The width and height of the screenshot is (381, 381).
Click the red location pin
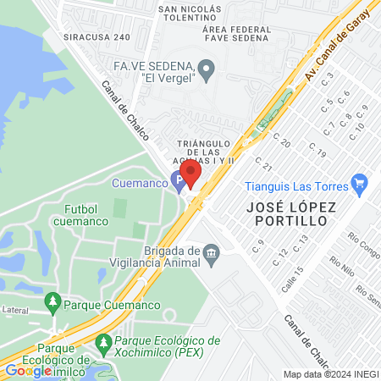tap(190, 173)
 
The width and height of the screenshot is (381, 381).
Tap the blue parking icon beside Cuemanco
tap(177, 180)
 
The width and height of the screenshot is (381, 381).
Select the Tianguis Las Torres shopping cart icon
tap(359, 182)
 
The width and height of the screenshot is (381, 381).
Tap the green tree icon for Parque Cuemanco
tap(52, 301)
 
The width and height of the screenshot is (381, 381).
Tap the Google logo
tap(28, 370)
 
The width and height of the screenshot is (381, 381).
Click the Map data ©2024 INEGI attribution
tap(329, 374)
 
